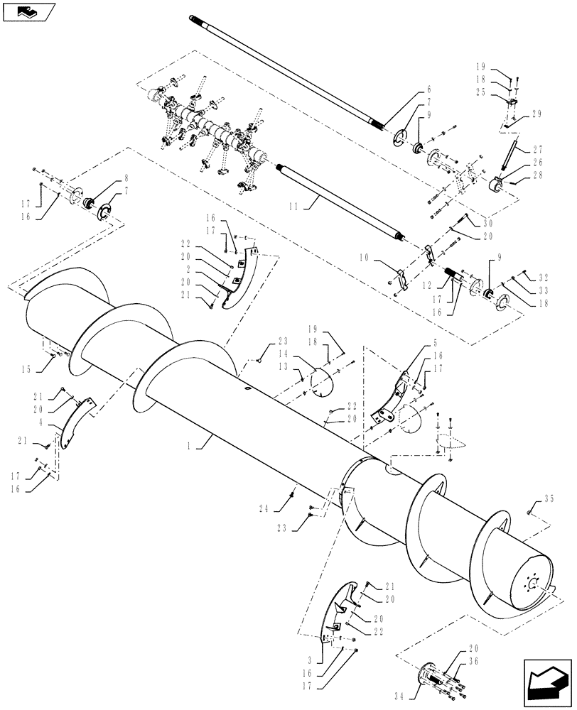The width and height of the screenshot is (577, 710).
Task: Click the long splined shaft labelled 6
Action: click(x=284, y=71)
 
